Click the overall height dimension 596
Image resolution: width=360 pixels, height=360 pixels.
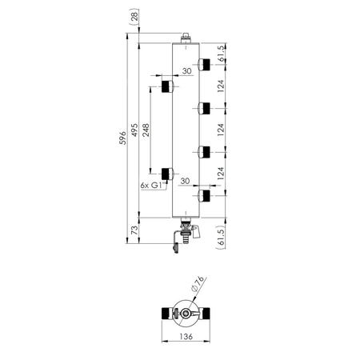pyautogui.click(x=122, y=138)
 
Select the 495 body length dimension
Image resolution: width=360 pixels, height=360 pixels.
pyautogui.click(x=135, y=130)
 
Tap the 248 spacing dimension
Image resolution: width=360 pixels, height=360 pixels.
pyautogui.click(x=146, y=130)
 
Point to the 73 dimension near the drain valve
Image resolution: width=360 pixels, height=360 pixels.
pyautogui.click(x=135, y=230)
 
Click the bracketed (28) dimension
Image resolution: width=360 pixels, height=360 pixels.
pyautogui.click(x=135, y=17)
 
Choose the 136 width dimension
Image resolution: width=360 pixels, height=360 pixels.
pyautogui.click(x=186, y=337)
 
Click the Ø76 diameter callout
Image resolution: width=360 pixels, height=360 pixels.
pyautogui.click(x=198, y=283)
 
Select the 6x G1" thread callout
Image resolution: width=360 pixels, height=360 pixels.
pyautogui.click(x=152, y=186)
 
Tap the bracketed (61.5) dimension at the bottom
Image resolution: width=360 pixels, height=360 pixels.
pyautogui.click(x=222, y=238)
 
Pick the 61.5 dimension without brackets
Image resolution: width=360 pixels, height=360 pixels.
pyautogui.click(x=222, y=54)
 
